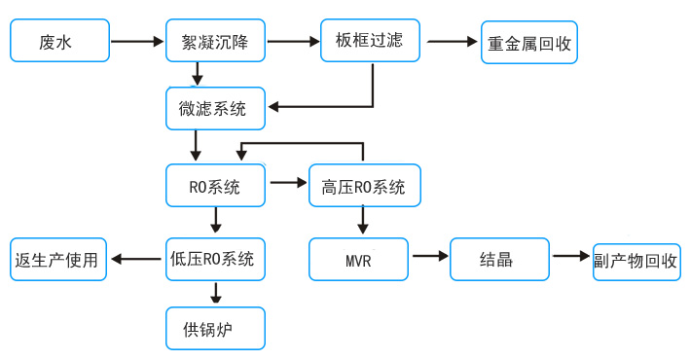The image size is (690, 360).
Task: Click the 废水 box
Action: coord(59,42)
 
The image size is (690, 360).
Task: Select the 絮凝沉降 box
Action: coord(215,42)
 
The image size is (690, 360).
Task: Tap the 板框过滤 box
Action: coord(370,41)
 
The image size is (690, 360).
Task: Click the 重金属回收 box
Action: coord(528,43)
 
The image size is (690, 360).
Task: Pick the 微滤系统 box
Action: coord(215,108)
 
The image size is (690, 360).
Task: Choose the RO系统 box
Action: coord(215,186)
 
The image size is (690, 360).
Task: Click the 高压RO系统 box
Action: coord(364,186)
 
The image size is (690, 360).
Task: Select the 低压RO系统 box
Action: coord(215,260)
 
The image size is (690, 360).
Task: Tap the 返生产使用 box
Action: coord(58,260)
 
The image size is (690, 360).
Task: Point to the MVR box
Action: coord(358,260)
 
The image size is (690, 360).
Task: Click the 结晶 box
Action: coord(499,260)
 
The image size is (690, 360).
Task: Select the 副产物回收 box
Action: coord(636,262)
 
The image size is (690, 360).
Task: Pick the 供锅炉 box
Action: coord(215,329)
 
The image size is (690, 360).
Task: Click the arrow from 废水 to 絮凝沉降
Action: coord(137,42)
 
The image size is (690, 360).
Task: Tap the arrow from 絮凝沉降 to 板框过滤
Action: coord(293,42)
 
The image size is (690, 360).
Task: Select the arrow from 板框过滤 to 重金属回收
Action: coord(452,42)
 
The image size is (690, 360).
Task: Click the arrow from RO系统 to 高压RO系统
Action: coord(287,182)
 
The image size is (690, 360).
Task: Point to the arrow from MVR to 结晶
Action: coord(429,256)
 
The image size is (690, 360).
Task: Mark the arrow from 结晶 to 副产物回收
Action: coord(571,256)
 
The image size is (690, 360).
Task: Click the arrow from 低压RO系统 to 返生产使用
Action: coord(136,260)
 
